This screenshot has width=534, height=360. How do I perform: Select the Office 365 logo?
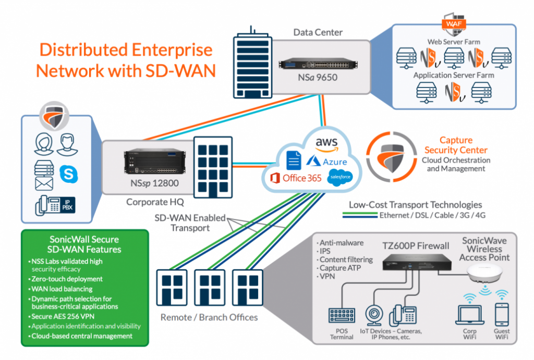pyautogui.click(x=295, y=178)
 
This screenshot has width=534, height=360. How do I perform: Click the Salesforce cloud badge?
pyautogui.click(x=339, y=178)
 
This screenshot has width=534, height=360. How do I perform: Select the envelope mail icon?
pyautogui.click(x=44, y=183)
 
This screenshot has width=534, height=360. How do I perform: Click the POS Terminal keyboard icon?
pyautogui.click(x=342, y=315)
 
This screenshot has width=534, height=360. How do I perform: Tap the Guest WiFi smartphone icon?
pyautogui.click(x=502, y=315)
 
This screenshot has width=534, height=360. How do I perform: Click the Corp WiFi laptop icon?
pyautogui.click(x=469, y=315)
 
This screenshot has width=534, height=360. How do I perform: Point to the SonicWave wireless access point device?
pyautogui.click(x=484, y=274)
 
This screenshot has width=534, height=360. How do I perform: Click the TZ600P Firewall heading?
pyautogui.click(x=416, y=245)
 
